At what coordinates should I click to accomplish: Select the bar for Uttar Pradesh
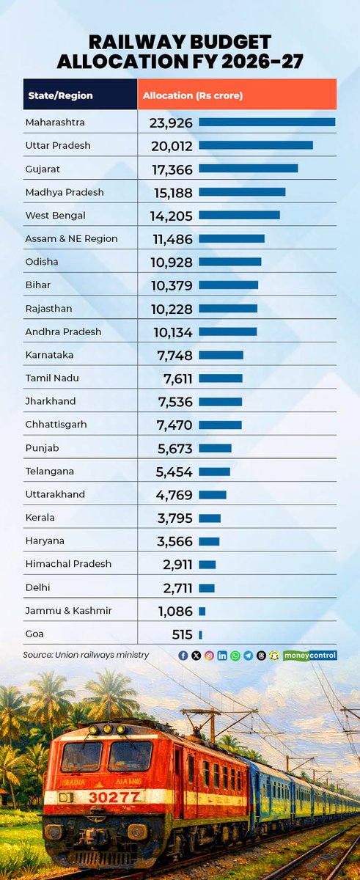tap(255, 145)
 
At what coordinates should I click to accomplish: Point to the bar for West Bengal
tap(239, 215)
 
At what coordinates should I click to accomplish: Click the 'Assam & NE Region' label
tap(70, 238)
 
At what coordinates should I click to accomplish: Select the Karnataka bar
tap(221, 355)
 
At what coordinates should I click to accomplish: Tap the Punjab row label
tap(41, 448)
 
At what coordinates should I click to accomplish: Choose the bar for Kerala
tap(209, 518)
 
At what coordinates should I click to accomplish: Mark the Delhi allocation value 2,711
tap(177, 588)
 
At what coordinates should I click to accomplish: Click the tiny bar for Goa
tap(200, 635)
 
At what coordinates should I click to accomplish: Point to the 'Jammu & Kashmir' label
tap(68, 611)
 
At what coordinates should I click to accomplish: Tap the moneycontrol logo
tap(309, 656)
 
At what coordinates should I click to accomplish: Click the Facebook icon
tap(183, 656)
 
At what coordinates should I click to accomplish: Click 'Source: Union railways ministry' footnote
tap(86, 654)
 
